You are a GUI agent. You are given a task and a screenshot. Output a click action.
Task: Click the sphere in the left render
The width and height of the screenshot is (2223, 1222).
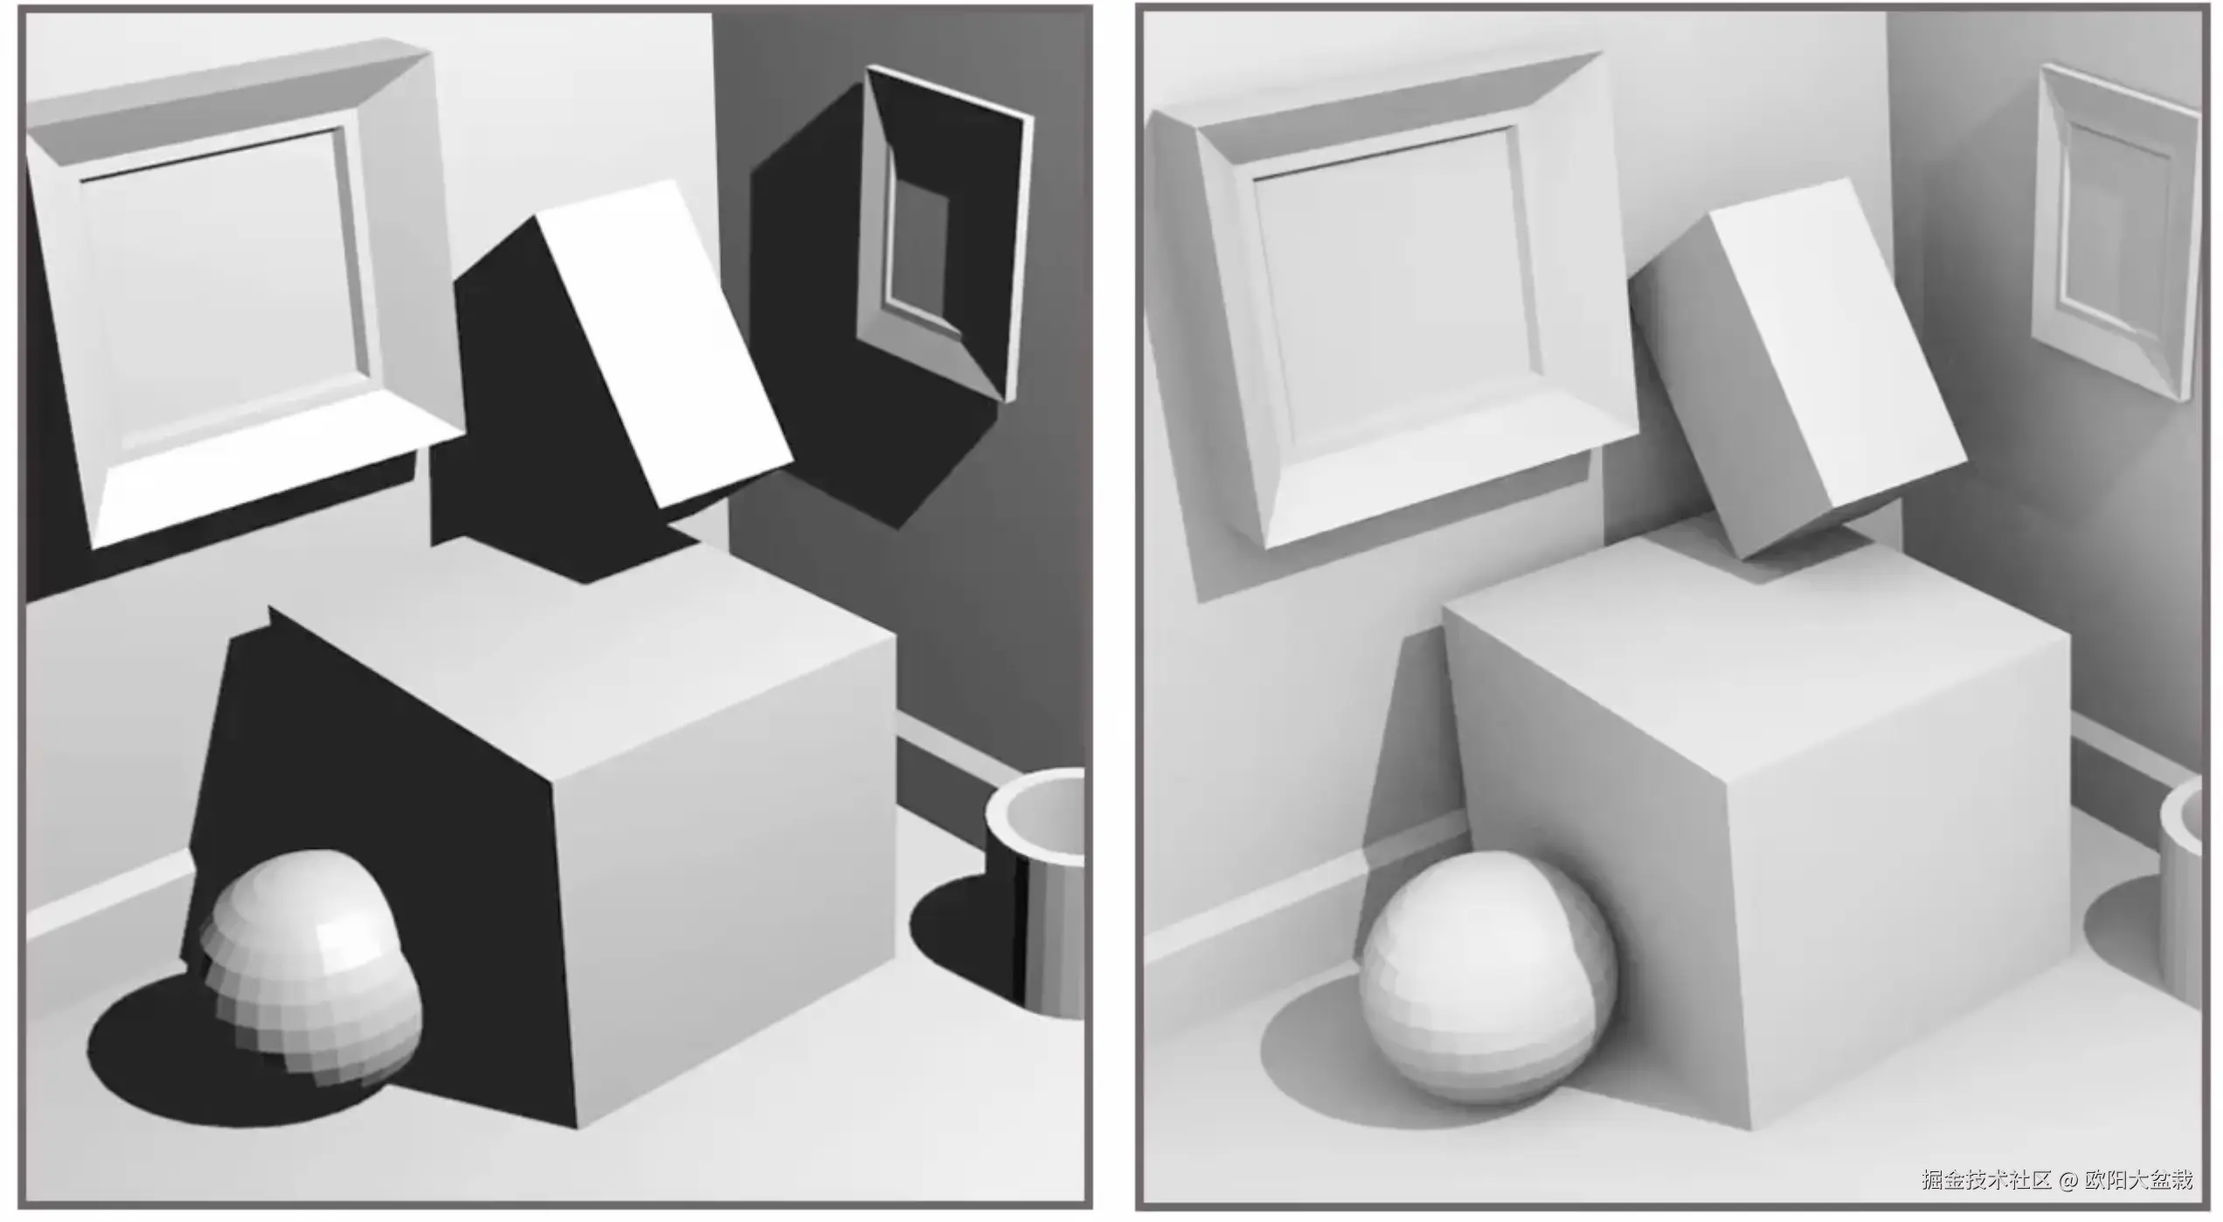(x=310, y=966)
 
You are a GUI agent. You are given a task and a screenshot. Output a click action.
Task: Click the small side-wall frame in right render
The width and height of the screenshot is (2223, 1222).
(x=2115, y=232)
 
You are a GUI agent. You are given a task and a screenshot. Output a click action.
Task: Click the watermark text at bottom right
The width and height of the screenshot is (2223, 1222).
(x=2057, y=1179)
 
